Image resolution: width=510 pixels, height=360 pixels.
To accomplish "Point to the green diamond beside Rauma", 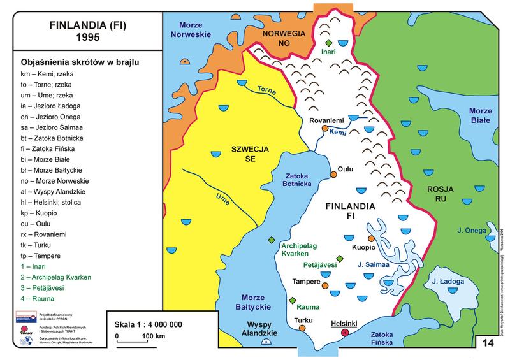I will (x=292, y=300).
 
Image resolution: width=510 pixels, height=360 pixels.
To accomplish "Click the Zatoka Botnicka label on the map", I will (x=294, y=178).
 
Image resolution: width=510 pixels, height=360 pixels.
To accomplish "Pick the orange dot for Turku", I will (x=302, y=328).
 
